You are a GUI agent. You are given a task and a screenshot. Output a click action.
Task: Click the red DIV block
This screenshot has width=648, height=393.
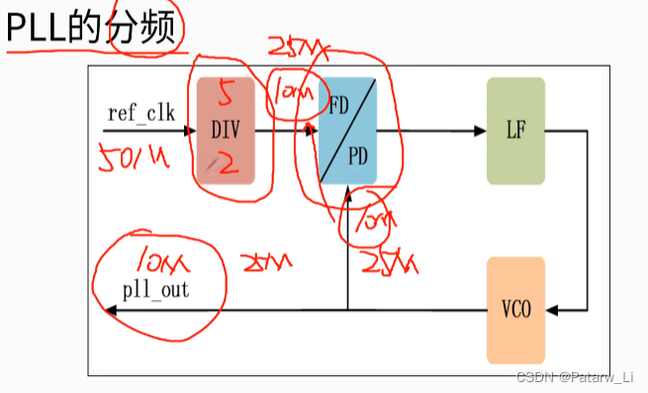(226, 130)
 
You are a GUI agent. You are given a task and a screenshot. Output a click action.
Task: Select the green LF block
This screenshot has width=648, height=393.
(515, 130)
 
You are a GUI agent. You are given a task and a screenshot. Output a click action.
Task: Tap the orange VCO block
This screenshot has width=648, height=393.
(515, 310)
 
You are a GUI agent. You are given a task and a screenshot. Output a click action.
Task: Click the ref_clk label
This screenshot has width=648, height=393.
(140, 112)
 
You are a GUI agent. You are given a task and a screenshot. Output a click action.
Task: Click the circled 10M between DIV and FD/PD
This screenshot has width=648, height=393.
(294, 94)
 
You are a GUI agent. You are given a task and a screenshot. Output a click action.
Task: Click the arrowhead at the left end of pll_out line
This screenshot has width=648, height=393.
(110, 310)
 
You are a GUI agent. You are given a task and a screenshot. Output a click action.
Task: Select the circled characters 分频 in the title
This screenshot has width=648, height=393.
(146, 30)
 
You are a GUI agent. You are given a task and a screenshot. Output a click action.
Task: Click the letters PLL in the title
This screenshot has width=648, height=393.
(35, 31)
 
